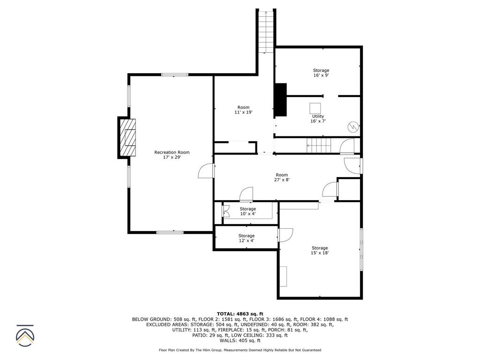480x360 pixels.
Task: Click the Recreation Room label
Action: click(172, 155)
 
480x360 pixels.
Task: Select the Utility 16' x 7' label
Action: click(318, 119)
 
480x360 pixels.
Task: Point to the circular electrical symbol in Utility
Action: click(352, 127)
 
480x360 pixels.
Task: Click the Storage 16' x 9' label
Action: click(321, 73)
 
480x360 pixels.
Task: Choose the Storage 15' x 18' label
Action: click(320, 250)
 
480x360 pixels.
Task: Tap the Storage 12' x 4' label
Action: click(246, 238)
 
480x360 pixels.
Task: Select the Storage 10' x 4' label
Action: click(247, 211)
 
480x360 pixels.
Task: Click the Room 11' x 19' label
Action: click(243, 110)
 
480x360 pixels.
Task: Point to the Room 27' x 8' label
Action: click(281, 177)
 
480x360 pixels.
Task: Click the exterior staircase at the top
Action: click(266, 30)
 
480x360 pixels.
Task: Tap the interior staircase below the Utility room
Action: click(319, 145)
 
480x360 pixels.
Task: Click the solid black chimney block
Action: click(280, 99)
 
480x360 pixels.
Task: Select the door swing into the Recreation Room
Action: click(206, 171)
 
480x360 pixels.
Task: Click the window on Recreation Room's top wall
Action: click(175, 75)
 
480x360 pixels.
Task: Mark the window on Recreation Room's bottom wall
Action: click(170, 232)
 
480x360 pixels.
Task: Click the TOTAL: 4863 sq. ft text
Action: click(240, 314)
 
